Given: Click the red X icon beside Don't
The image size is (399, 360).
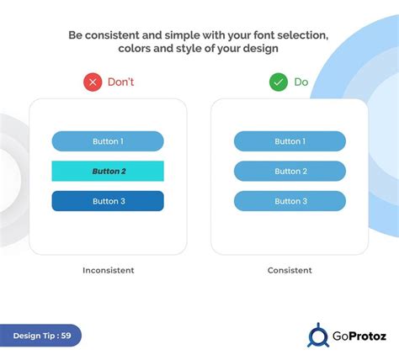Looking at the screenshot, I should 93,82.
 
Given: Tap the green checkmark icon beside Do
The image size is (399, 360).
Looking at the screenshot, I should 278,82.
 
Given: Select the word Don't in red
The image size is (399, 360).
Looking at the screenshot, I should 121,82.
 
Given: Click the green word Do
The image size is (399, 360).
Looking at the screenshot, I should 301,82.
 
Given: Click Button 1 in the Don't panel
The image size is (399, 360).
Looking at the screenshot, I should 108,141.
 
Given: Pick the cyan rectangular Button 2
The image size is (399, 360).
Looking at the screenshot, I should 108,172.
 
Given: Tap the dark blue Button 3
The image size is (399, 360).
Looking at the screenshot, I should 108,201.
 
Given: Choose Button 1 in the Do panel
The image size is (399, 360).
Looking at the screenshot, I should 290,141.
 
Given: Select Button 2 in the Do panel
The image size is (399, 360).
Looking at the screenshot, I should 290,172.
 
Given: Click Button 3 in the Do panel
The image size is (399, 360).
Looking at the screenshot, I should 290,201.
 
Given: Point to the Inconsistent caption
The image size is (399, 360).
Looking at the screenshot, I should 108,270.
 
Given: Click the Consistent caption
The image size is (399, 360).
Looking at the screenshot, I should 290,270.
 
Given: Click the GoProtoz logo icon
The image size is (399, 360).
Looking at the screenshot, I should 317,336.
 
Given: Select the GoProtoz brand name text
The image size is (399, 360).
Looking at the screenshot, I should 358,336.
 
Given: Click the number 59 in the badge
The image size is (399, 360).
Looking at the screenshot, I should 65,336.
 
